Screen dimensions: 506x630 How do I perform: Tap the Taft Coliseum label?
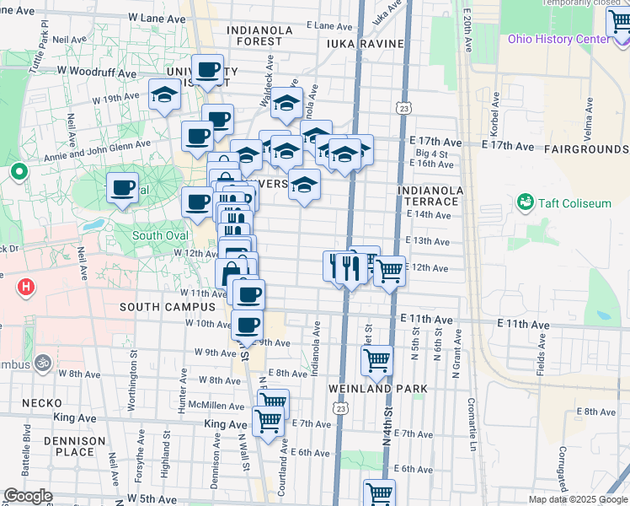coord(573,202)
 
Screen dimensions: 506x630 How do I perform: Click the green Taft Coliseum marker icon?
coord(526,202)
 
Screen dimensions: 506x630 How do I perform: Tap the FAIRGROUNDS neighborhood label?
coord(586,148)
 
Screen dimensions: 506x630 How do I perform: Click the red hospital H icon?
coord(27,287)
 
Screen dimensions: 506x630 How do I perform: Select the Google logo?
coord(28,496)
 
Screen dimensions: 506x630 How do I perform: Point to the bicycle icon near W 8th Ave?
coord(44,363)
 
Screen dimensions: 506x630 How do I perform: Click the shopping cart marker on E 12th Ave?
coord(389,272)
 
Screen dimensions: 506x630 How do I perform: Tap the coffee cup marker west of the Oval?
coord(123,186)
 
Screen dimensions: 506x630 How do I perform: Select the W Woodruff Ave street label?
coord(99,73)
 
